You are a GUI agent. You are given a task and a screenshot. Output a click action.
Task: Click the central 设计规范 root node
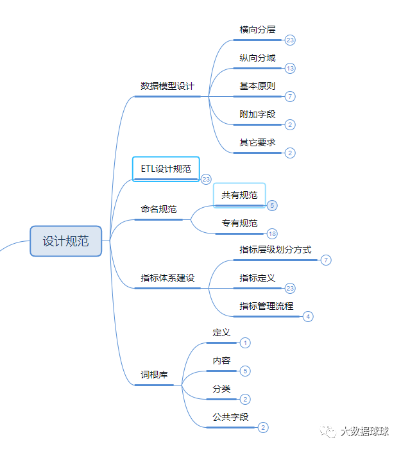(65, 241)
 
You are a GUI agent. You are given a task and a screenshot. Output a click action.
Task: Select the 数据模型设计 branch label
(167, 86)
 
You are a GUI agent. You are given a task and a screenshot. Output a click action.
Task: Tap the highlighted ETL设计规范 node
(166, 169)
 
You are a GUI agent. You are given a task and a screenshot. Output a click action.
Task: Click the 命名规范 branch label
(159, 209)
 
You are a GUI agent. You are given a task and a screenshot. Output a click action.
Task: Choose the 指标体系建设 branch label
(167, 278)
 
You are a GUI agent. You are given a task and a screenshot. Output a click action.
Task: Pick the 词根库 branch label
(154, 374)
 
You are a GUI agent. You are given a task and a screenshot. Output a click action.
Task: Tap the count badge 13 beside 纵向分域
(291, 68)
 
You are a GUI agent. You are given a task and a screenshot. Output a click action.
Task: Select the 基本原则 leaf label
(257, 86)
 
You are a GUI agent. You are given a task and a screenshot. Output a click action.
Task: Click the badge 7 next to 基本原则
(291, 96)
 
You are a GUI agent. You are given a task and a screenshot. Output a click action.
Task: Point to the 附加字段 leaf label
(257, 114)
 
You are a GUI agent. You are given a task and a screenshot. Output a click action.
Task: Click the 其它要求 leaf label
(257, 142)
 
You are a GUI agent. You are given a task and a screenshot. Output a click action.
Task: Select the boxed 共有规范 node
(239, 195)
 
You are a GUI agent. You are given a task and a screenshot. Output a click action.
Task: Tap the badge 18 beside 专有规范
(273, 233)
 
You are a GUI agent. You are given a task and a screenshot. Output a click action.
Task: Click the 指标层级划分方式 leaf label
(275, 250)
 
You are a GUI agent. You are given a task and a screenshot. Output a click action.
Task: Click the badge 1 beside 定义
(246, 343)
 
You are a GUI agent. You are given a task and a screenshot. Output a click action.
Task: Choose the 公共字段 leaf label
(230, 417)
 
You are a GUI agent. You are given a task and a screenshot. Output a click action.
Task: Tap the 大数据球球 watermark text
(364, 432)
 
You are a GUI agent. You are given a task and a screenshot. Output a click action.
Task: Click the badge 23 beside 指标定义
(291, 289)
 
